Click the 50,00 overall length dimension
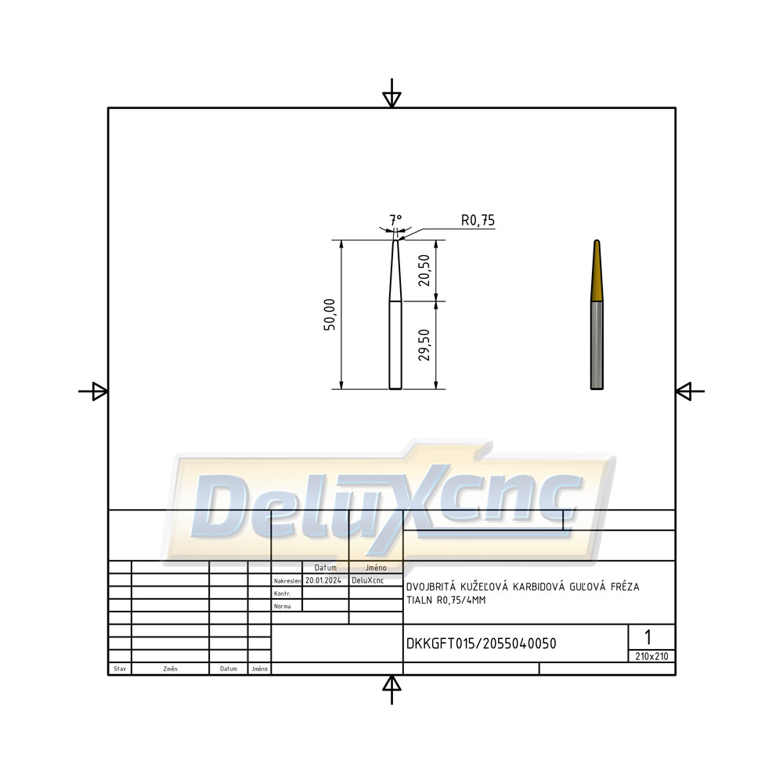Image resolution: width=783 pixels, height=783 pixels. click(x=330, y=315)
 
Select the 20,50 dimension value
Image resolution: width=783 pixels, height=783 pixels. click(x=424, y=270)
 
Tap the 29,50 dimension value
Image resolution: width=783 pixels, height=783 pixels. click(x=424, y=345)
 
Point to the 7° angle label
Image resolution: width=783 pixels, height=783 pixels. click(x=395, y=219)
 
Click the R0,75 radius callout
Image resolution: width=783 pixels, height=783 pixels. click(x=478, y=220)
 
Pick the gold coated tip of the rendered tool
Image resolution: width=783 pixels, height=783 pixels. click(x=597, y=271)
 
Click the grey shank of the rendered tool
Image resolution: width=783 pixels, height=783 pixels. click(x=597, y=345)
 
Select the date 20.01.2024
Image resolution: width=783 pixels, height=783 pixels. click(x=323, y=580)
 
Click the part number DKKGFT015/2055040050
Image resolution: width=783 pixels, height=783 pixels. click(x=482, y=644)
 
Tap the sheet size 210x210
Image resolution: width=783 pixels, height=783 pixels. click(x=651, y=657)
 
